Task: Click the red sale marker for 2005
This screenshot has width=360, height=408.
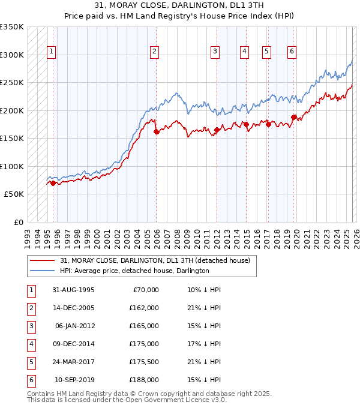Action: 156,132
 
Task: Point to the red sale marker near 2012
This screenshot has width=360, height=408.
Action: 217,130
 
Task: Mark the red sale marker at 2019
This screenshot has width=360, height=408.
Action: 293,117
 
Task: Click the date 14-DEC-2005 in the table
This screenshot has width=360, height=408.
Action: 73,308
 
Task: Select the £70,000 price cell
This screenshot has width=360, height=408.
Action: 145,290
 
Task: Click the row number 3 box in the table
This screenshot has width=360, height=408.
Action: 30,326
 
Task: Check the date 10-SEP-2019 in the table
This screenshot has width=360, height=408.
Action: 74,380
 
